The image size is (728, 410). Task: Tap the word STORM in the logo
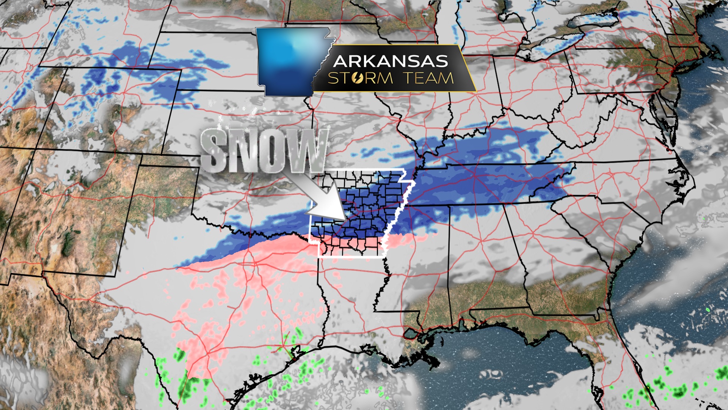point(360,78)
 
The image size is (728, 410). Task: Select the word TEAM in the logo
point(428,78)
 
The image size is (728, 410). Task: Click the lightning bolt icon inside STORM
point(358,78)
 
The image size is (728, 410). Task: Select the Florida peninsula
point(622,364)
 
